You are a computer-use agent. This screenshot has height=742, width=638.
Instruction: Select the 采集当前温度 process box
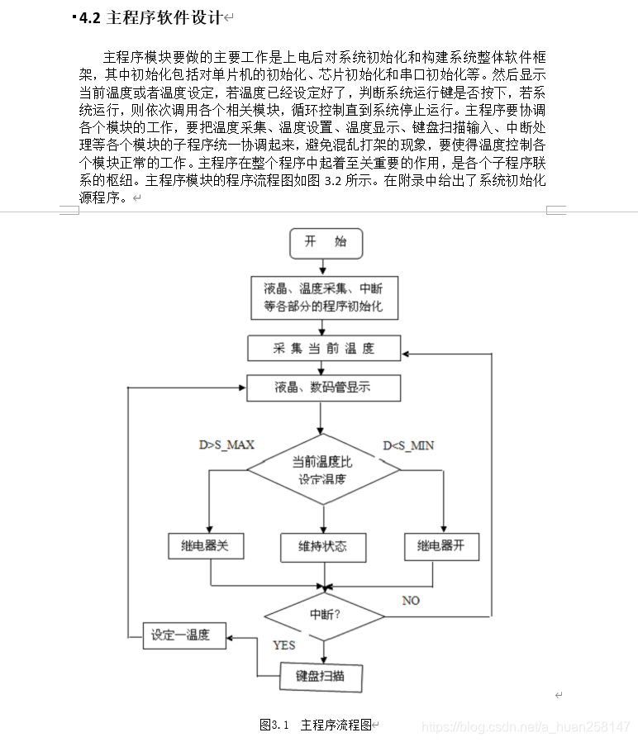point(323,348)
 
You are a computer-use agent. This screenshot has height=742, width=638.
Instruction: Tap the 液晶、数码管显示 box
point(323,388)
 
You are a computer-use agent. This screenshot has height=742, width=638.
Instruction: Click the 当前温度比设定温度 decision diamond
point(323,471)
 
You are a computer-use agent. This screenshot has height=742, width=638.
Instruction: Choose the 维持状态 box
point(323,546)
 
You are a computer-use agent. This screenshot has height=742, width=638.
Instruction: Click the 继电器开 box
point(441,546)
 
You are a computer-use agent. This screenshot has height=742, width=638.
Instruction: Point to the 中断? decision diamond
point(325,616)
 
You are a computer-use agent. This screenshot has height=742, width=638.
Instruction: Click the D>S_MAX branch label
point(226,445)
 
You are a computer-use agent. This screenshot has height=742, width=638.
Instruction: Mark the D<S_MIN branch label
point(408,445)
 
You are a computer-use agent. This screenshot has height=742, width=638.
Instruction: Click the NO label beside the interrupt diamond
point(411,600)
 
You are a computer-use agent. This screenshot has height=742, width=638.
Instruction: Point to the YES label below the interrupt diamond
point(283,644)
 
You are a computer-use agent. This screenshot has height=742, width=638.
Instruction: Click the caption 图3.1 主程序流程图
point(318,725)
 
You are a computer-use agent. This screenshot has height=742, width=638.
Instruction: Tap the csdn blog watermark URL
point(526,726)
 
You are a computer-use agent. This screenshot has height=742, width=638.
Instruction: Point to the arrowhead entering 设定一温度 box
point(232,637)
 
